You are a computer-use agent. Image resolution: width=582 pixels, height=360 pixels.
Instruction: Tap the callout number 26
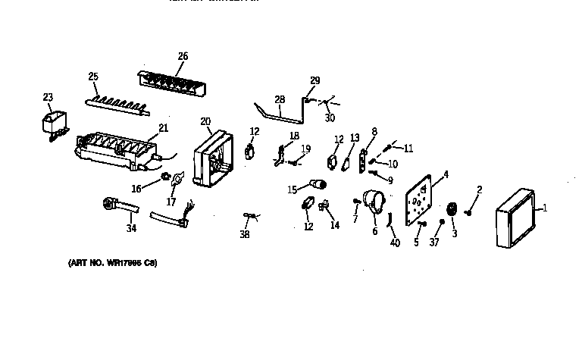click(183, 56)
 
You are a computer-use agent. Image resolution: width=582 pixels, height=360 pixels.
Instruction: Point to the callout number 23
click(48, 97)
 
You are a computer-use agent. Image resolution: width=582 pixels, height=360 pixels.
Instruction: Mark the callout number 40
click(394, 243)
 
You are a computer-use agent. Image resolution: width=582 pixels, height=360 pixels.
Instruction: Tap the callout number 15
click(292, 189)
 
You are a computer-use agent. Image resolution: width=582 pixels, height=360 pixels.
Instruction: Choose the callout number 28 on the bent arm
click(279, 99)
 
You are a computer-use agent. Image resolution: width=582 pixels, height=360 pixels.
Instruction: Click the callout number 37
click(434, 243)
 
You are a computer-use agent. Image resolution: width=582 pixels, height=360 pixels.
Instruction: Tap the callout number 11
click(408, 149)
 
